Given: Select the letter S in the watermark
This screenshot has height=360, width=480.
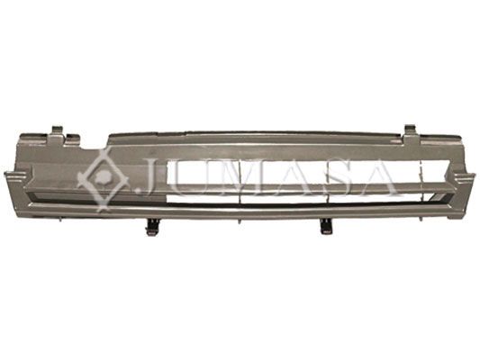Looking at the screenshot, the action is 339,176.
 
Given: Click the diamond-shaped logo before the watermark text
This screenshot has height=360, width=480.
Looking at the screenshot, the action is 104,178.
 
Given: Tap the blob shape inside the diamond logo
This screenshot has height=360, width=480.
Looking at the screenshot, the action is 104,175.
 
